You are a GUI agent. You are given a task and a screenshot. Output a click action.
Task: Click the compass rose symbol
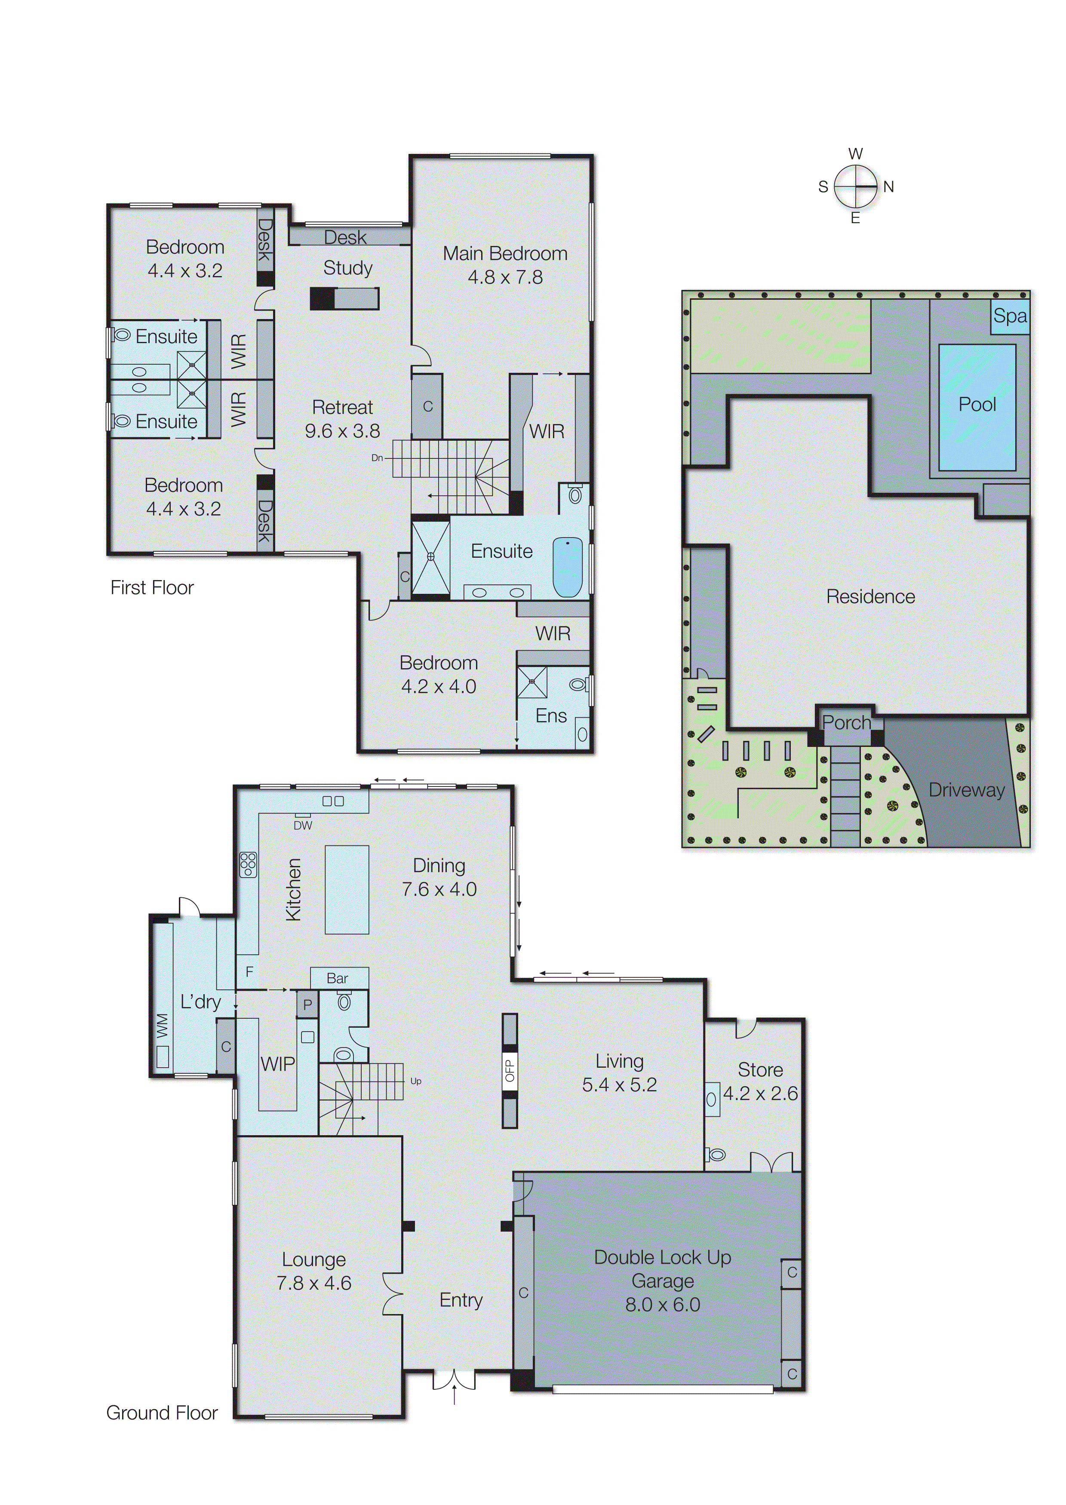(x=855, y=186)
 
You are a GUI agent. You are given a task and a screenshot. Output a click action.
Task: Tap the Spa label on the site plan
(x=1010, y=316)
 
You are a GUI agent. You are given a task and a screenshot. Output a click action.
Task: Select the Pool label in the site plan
(x=977, y=404)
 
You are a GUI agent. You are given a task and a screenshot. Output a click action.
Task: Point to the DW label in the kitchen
(x=303, y=826)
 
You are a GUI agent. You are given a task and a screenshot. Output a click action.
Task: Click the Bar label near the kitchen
(x=338, y=978)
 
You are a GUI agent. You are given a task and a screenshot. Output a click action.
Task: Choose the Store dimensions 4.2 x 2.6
(x=760, y=1093)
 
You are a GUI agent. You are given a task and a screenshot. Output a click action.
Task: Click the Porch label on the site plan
(x=846, y=723)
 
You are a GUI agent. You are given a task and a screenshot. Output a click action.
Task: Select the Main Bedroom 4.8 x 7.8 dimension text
(x=505, y=277)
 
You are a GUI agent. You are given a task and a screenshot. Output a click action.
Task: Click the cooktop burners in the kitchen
(x=248, y=864)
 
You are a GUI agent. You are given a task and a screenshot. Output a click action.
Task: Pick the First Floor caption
(x=152, y=587)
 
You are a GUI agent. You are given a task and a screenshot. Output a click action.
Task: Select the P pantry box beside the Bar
(x=307, y=1004)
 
